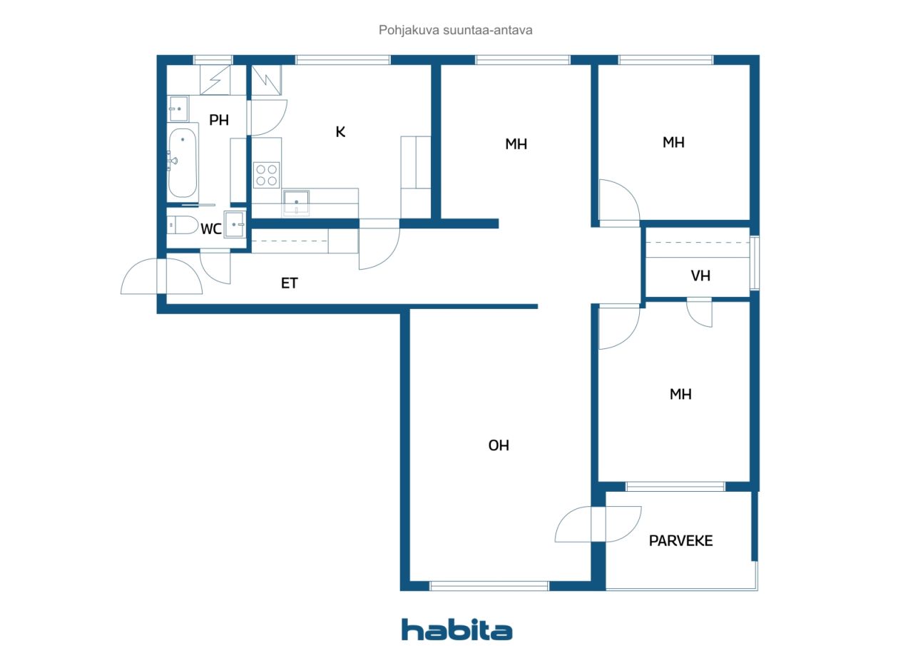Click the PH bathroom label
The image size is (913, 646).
pyautogui.click(x=219, y=120)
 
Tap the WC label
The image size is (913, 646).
pyautogui.click(x=211, y=229)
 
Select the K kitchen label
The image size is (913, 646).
pyautogui.click(x=340, y=132)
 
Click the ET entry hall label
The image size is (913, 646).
pyautogui.click(x=290, y=283)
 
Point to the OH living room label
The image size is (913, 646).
pyautogui.click(x=499, y=445)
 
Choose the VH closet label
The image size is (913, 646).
pyautogui.click(x=700, y=276)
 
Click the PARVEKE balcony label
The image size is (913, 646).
pyautogui.click(x=680, y=541)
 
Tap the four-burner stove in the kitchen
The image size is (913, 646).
pyautogui.click(x=267, y=175)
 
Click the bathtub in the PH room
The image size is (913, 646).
pyautogui.click(x=183, y=163)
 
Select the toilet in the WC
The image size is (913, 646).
pyautogui.click(x=183, y=225)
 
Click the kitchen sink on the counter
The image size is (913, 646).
pyautogui.click(x=296, y=202)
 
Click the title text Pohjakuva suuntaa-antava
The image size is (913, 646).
pyautogui.click(x=455, y=30)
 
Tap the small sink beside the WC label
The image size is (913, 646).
pyautogui.click(x=235, y=224)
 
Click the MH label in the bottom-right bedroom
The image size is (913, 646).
pyautogui.click(x=680, y=394)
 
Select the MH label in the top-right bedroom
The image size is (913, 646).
pyautogui.click(x=673, y=142)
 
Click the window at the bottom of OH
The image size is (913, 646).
pyautogui.click(x=489, y=586)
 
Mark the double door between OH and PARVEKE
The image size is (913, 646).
pyautogui.click(x=598, y=525)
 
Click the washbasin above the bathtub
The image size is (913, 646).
pyautogui.click(x=178, y=109)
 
